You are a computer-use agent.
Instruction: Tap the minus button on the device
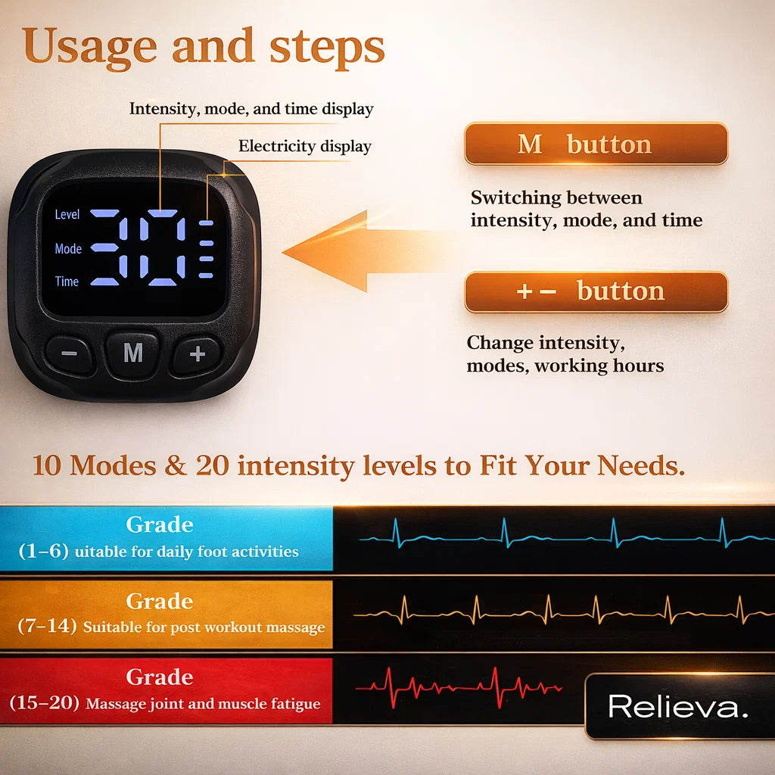tap(70, 353)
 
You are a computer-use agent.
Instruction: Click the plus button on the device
tap(197, 353)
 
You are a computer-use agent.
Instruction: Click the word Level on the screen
tap(67, 215)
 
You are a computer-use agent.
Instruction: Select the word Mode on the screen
tap(68, 248)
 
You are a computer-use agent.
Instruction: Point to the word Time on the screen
tap(67, 282)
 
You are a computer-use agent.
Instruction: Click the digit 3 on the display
tap(120, 247)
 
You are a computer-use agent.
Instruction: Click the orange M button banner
tap(596, 144)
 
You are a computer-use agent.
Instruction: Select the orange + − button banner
tap(596, 291)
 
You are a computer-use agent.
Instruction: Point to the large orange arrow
tap(356, 251)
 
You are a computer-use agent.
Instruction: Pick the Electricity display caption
tap(304, 146)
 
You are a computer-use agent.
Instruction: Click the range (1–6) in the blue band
tap(42, 552)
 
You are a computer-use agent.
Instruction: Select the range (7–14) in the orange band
tap(47, 627)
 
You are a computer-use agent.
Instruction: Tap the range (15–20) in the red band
tap(44, 703)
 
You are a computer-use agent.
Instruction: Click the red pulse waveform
tap(458, 686)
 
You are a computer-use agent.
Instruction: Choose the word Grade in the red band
tap(160, 677)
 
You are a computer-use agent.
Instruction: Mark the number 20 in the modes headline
tap(213, 465)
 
